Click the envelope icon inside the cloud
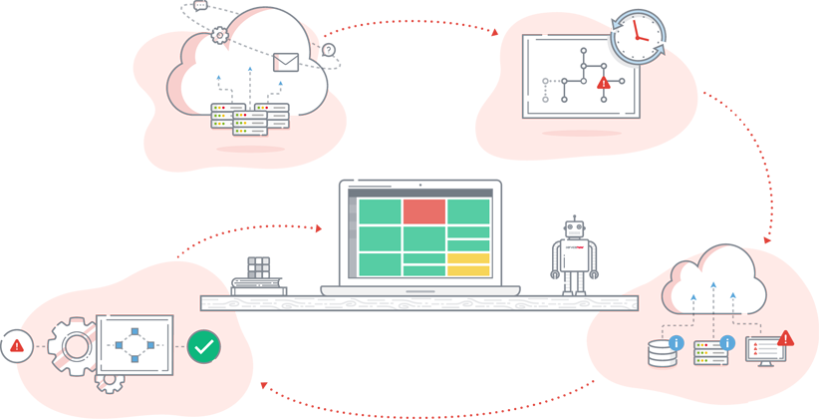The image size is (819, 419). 286,62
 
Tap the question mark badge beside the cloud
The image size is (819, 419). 329,48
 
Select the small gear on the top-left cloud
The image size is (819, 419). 219,36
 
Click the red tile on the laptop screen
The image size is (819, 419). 423,210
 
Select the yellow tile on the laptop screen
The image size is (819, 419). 468,264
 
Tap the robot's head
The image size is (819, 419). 573,230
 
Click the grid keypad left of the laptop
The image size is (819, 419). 260,269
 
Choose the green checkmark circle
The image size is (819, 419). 204,347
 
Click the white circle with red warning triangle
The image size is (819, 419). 17,346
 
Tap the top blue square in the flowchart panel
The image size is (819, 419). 135,328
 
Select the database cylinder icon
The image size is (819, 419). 662,353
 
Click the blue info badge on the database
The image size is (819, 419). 678,343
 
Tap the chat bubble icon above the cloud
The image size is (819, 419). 200,5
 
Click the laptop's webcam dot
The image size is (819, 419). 420,186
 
